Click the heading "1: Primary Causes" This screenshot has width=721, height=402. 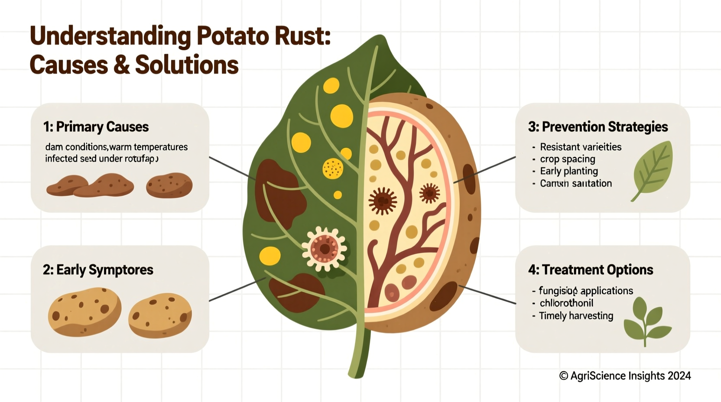pos(96,127)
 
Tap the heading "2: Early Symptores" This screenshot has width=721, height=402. pos(98,270)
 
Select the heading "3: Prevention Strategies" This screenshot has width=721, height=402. pos(598,127)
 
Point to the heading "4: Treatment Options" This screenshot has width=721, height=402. pos(591,270)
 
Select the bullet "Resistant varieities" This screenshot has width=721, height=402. pos(581,147)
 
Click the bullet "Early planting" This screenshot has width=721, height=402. pos(569,171)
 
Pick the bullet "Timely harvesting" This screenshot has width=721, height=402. pos(576,316)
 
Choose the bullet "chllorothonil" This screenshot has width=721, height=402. pos(566,303)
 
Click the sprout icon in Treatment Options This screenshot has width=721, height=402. pos(646,321)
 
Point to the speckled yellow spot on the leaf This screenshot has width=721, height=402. pos(333,169)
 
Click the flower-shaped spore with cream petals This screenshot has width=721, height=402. pos(324,249)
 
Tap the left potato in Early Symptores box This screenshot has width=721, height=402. pos(84,311)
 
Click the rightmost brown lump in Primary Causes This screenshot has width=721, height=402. pos(169,185)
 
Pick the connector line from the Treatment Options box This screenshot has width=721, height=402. pos(487,295)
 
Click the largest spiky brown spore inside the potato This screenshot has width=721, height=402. pos(382,201)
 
